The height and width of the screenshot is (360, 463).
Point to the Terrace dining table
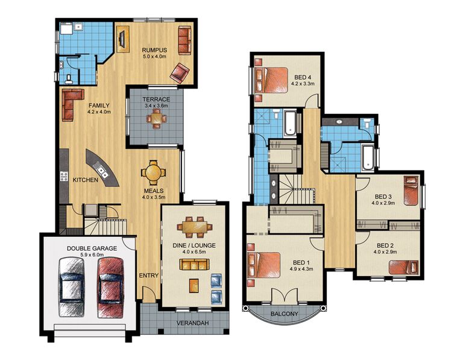[157, 118]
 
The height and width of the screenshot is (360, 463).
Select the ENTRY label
[148, 276]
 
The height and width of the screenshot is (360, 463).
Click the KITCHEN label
[85, 180]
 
